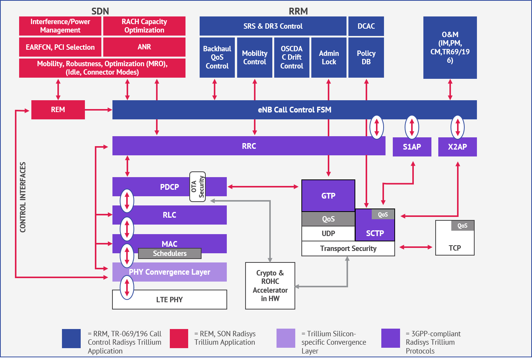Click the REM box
(x=58, y=110)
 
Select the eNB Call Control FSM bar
(x=294, y=110)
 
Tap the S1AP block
(x=412, y=147)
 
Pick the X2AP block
(x=457, y=147)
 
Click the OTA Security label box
(x=198, y=187)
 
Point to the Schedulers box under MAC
(x=169, y=254)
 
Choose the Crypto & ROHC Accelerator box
(x=270, y=286)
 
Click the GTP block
(x=328, y=196)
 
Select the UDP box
(x=328, y=233)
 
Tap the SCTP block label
(x=375, y=233)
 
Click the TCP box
(x=455, y=243)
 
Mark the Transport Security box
(x=348, y=249)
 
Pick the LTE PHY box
(x=169, y=300)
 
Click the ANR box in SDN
(x=144, y=47)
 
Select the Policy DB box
(x=366, y=57)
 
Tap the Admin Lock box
(x=329, y=57)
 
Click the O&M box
(x=450, y=47)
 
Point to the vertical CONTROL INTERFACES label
(x=23, y=197)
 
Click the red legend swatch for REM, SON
(x=179, y=338)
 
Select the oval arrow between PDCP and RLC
(x=127, y=201)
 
